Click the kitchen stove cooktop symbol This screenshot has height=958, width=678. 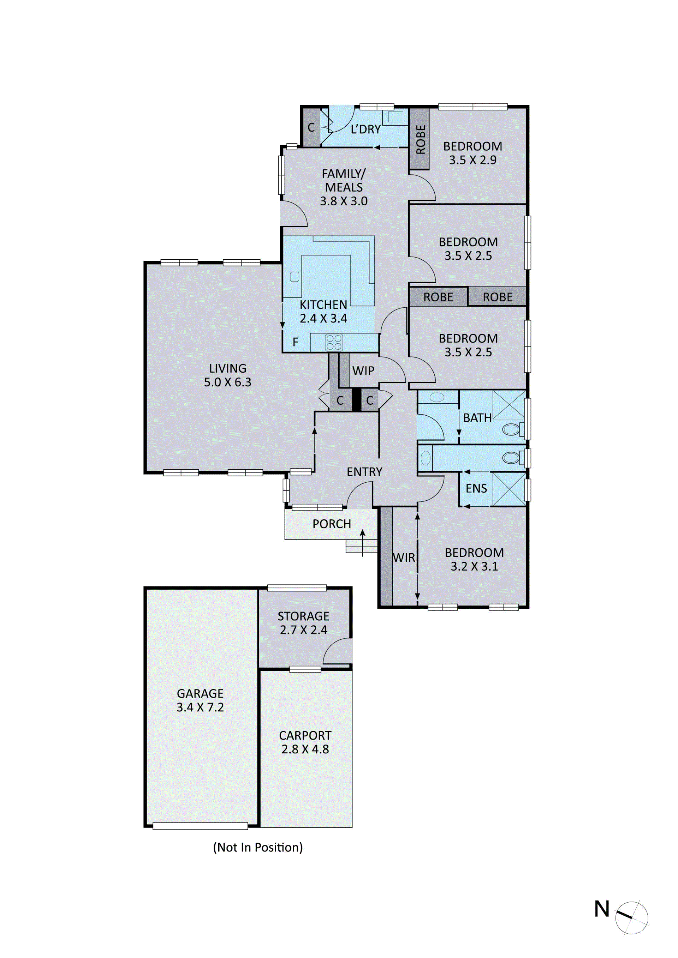[334, 342]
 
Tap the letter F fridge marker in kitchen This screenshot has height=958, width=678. [296, 342]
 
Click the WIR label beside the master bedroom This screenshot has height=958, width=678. [404, 558]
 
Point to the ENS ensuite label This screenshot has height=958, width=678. [476, 488]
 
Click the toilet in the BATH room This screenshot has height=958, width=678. [512, 429]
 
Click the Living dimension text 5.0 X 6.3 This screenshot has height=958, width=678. [227, 382]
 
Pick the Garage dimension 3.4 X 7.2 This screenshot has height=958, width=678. [200, 707]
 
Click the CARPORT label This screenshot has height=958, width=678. [305, 736]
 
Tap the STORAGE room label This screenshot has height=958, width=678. [304, 616]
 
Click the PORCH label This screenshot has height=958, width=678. [332, 524]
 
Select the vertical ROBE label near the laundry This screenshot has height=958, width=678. [421, 139]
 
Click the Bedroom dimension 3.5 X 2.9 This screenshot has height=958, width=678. [472, 160]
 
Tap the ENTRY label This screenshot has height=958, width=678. [364, 471]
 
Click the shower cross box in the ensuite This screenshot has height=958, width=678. [509, 489]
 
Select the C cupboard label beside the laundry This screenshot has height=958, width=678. [311, 128]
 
